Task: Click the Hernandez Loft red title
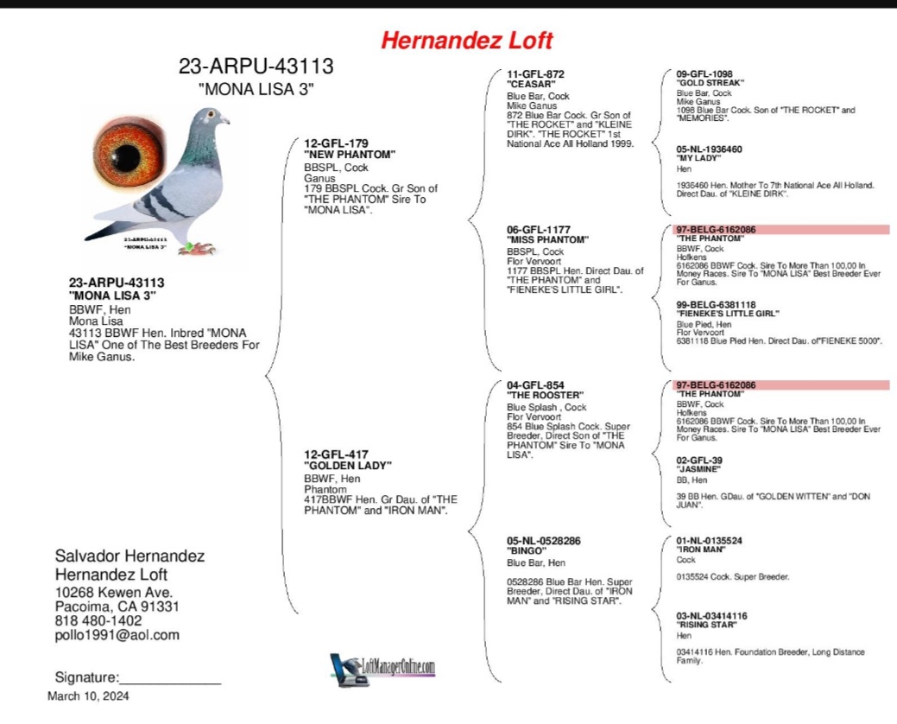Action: pos(466,40)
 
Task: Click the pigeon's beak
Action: pos(226,120)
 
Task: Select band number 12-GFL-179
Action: pos(336,143)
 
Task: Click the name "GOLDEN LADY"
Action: pos(348,465)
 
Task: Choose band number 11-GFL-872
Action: pos(535,74)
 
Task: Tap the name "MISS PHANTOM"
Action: pos(547,239)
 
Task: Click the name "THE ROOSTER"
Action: pos(546,396)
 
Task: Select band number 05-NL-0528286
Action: pos(543,541)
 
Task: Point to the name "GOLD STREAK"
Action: pos(710,83)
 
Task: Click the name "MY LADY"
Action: pos(698,159)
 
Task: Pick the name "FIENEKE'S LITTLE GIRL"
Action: pos(728,314)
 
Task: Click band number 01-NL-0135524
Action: pos(709,541)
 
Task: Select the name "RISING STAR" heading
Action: pos(706,625)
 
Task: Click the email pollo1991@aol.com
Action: pos(117,635)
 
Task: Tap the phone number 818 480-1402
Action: pos(98,620)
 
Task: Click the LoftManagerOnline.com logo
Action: pos(382,668)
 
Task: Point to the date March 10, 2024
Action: pos(88,696)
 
